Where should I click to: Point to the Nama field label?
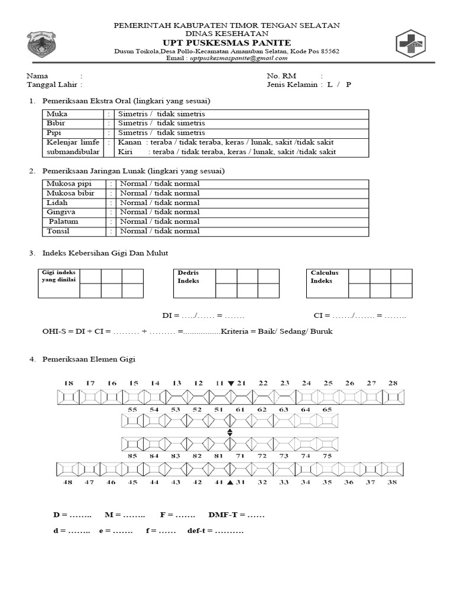coord(37,76)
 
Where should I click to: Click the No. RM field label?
coord(281,76)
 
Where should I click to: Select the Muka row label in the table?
coord(57,114)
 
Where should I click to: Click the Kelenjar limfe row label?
coord(72,142)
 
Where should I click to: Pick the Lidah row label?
coord(56,203)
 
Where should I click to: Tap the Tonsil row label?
coord(58,231)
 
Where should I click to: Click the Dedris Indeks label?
coord(188,277)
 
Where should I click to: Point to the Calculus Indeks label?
coord(325,277)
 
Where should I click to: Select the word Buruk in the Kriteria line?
coord(320,331)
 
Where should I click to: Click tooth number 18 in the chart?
coord(69,383)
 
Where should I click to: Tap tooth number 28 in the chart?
coord(393,383)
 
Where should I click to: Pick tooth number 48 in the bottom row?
coord(68,483)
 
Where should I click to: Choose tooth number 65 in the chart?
coord(326,409)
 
